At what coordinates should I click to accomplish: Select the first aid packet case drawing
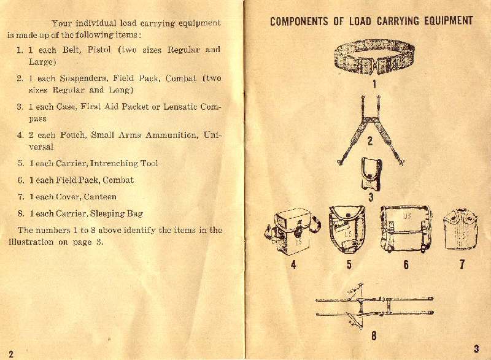tap(371, 175)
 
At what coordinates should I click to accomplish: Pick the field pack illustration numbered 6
tap(406, 229)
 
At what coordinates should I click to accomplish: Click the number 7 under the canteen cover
tap(462, 265)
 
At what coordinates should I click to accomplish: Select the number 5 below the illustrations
tap(349, 266)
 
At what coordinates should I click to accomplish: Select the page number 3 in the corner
tap(476, 348)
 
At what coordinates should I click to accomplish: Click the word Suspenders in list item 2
tap(81, 79)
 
